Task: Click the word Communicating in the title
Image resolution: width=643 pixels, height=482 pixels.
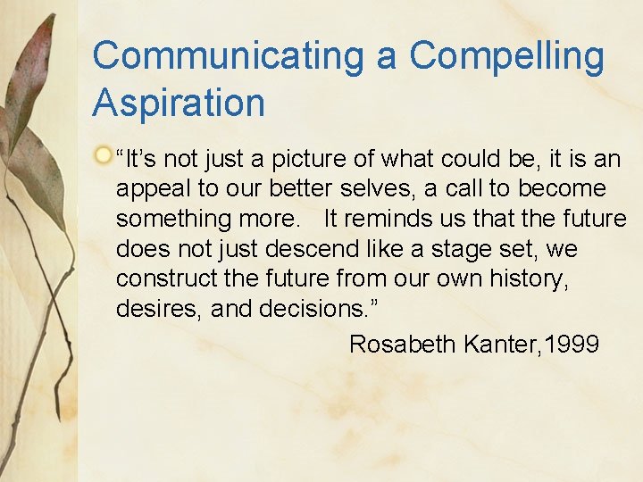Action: [228, 56]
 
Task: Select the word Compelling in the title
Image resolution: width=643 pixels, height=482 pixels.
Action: [506, 56]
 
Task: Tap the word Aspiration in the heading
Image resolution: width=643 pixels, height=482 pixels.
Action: [179, 103]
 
